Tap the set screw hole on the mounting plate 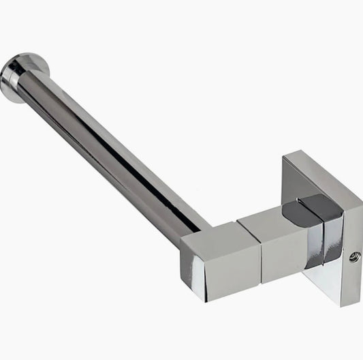[x=352, y=257]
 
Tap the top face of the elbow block [x=211, y=232]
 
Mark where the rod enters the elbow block [x=198, y=228]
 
